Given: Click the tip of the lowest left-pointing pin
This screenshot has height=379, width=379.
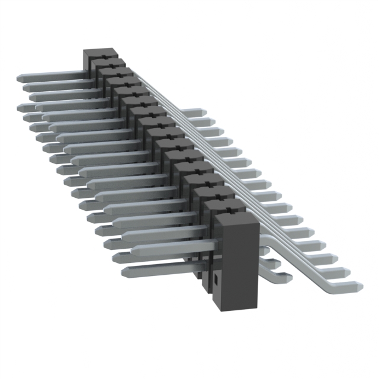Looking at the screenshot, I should [125, 273].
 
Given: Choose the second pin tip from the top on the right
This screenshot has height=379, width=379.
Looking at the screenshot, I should [213, 122].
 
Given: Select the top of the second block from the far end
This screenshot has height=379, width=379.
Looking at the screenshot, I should [109, 63].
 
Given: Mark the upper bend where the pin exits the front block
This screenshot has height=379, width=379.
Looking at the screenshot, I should [264, 236].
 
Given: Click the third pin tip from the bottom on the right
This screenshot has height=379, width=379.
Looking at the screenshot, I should [335, 259].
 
